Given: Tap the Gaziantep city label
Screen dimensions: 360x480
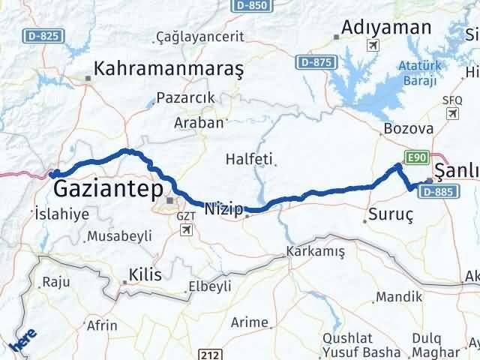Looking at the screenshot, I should click(106, 185).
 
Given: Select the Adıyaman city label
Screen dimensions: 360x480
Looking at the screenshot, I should click(386, 28).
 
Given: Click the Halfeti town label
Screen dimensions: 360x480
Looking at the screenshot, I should click(250, 159).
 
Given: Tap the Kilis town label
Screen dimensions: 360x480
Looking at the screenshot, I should click(145, 274).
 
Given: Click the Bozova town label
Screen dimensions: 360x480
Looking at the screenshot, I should click(408, 128).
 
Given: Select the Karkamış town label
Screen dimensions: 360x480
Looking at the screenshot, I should click(314, 252).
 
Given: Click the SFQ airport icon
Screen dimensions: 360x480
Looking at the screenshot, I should click(451, 112).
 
